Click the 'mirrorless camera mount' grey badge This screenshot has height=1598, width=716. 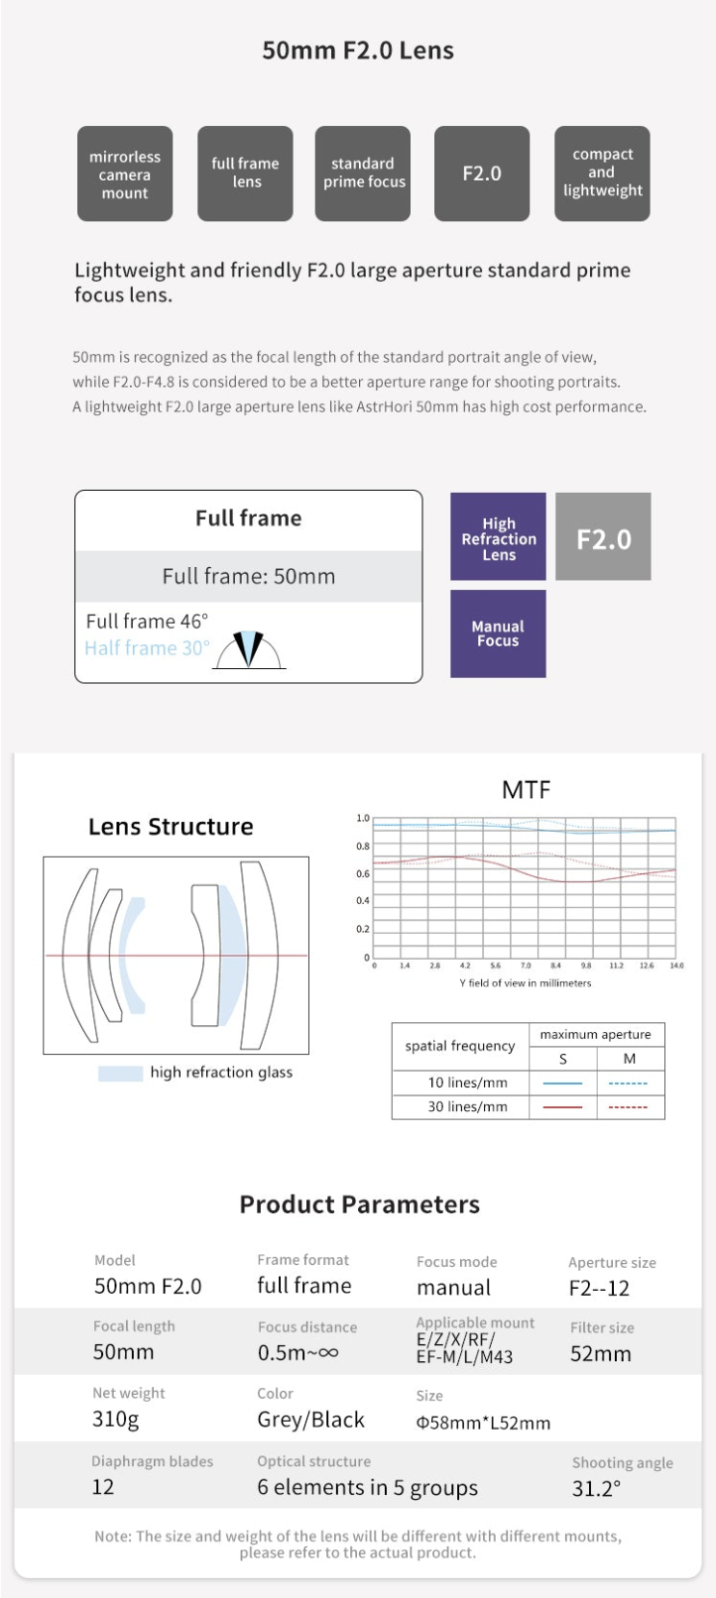pyautogui.click(x=125, y=173)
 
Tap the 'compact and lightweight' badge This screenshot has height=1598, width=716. pyautogui.click(x=602, y=173)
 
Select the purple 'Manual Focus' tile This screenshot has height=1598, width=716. pyautogui.click(x=498, y=633)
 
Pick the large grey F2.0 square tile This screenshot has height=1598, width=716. pyautogui.click(x=603, y=537)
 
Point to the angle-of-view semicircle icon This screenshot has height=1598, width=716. pyautogui.click(x=250, y=649)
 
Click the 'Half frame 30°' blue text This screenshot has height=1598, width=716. pyautogui.click(x=147, y=648)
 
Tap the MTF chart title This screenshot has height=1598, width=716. pyautogui.click(x=526, y=790)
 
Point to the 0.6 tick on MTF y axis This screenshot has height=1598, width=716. pyautogui.click(x=363, y=874)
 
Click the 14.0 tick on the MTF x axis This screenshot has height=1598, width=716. pyautogui.click(x=676, y=966)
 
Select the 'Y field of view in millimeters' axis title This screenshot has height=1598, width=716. pyautogui.click(x=525, y=983)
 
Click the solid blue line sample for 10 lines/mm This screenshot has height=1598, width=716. pyautogui.click(x=562, y=1084)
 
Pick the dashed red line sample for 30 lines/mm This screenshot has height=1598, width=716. pyautogui.click(x=628, y=1107)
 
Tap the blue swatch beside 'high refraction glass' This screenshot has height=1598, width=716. pyautogui.click(x=120, y=1073)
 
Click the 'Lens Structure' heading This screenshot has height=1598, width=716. pyautogui.click(x=171, y=827)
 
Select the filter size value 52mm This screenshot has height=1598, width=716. pyautogui.click(x=601, y=1354)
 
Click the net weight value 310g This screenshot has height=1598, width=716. pyautogui.click(x=116, y=1420)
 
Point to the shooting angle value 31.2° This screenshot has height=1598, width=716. pyautogui.click(x=596, y=1489)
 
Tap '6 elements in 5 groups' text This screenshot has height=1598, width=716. pyautogui.click(x=367, y=1488)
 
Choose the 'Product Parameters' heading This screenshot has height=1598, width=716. pyautogui.click(x=359, y=1204)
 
